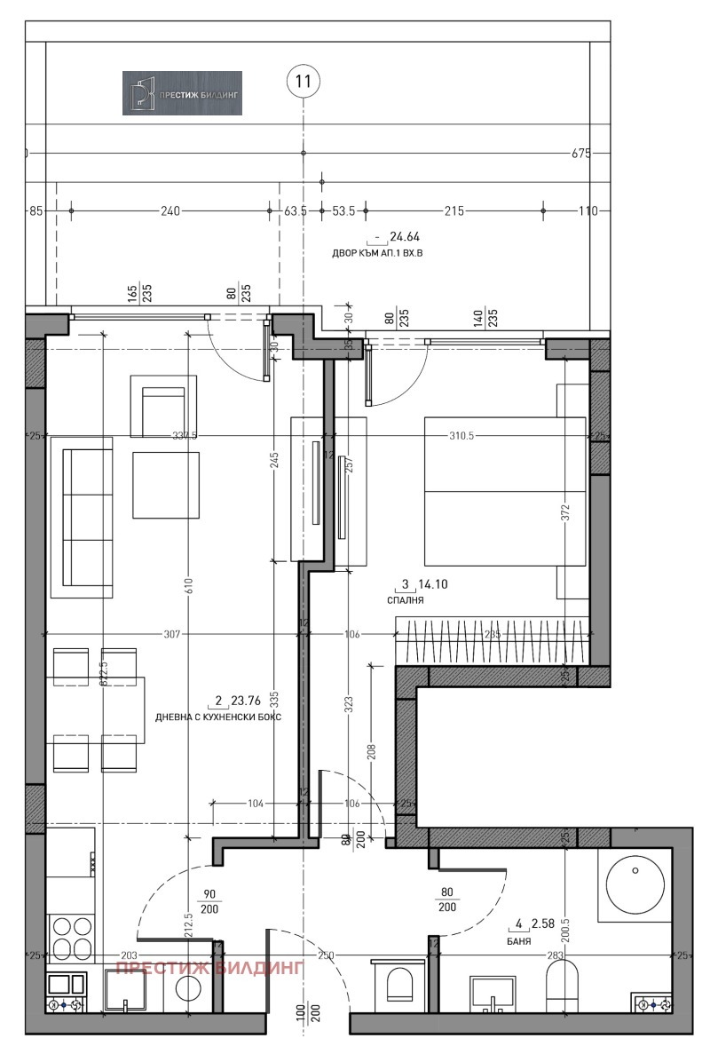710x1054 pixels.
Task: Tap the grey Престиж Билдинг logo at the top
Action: [182, 93]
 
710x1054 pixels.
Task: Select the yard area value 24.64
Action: [406, 237]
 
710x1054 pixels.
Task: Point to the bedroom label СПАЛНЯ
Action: [405, 601]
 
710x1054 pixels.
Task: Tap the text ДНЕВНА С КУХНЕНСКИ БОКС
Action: [217, 717]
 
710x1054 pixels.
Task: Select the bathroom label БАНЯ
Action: [519, 941]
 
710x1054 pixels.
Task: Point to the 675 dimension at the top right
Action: [580, 153]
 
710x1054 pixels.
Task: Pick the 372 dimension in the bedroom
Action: [565, 512]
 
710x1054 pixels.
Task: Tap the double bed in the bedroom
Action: [505, 491]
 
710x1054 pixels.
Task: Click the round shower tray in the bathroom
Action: [635, 884]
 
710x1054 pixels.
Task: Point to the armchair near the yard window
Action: [162, 406]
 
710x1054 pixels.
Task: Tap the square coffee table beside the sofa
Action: [167, 485]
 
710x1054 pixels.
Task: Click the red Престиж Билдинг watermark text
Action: [210, 968]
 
